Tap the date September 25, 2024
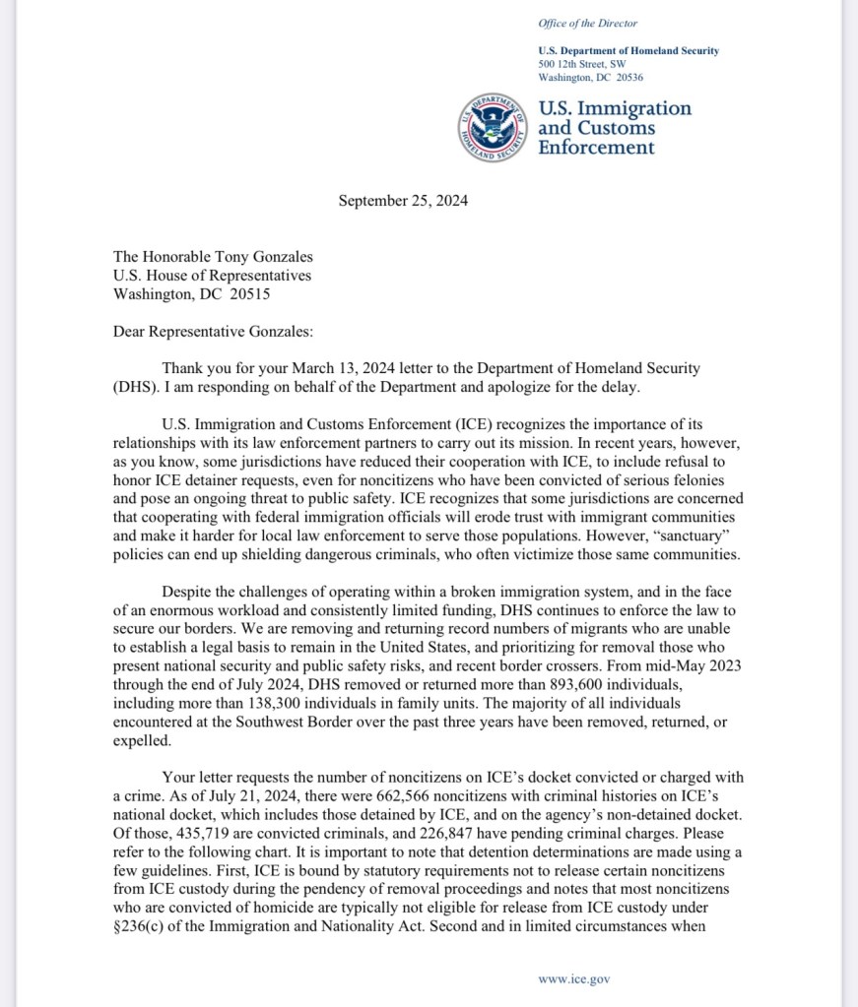pyautogui.click(x=403, y=201)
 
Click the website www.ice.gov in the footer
pyautogui.click(x=574, y=978)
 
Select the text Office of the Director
pyautogui.click(x=588, y=23)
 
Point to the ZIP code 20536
pyautogui.click(x=627, y=77)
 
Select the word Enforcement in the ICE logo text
pyautogui.click(x=596, y=148)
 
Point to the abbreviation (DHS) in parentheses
pyautogui.click(x=135, y=387)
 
